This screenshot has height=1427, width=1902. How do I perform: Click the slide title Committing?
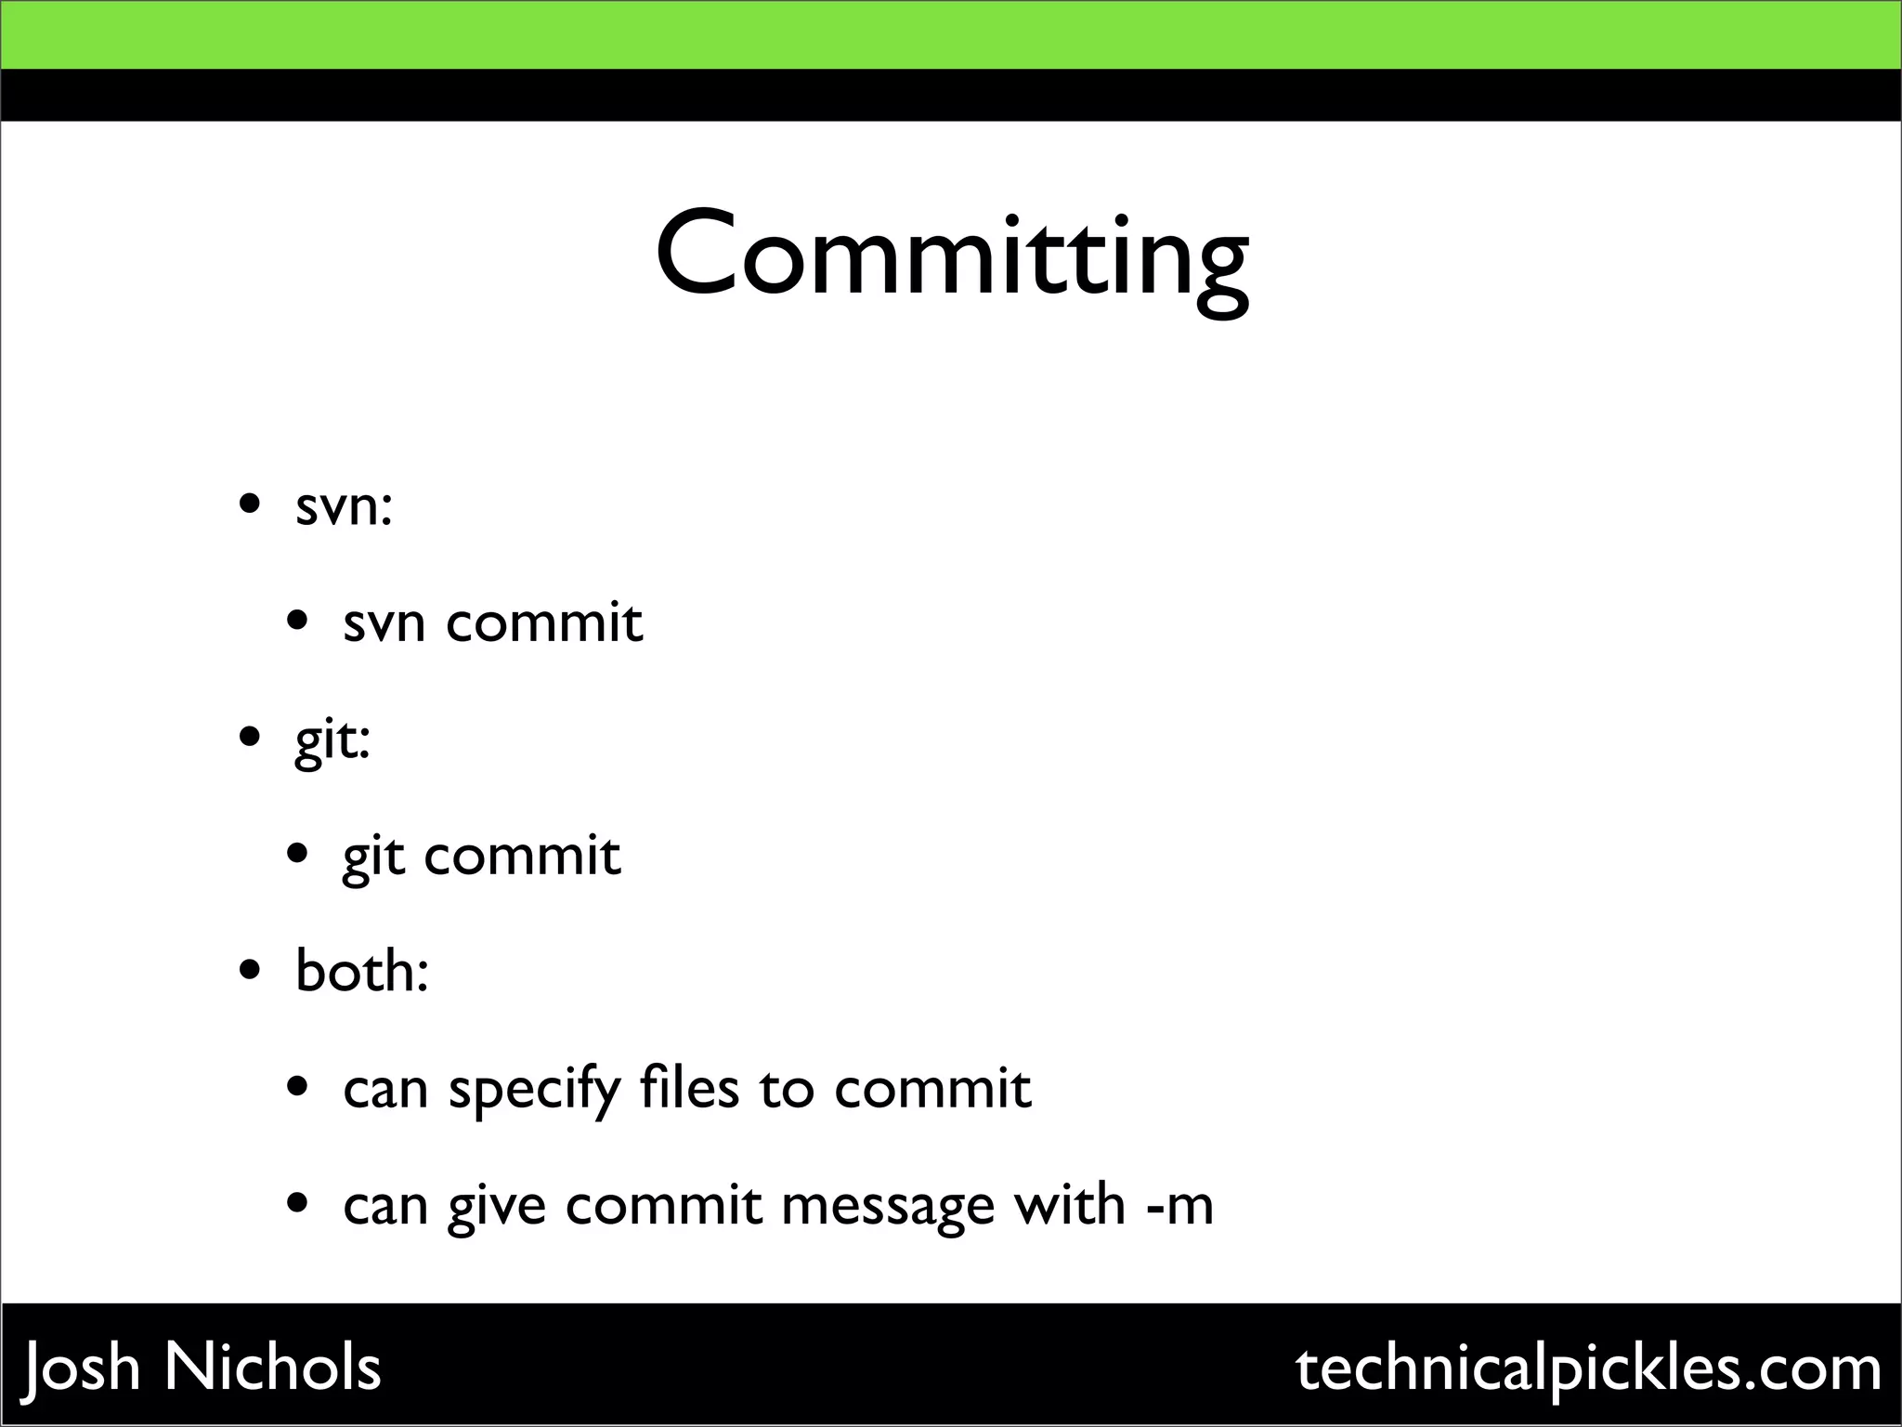point(951,255)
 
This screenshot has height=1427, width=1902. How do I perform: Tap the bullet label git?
point(332,741)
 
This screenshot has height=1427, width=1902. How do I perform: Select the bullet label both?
point(361,972)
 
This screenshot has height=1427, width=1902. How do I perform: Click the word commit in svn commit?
point(544,622)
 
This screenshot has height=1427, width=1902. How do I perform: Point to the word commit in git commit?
point(522,856)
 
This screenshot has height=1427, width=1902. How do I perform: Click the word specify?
point(534,1090)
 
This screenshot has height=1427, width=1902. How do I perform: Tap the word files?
point(689,1088)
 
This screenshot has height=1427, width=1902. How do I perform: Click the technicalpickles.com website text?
point(1588,1368)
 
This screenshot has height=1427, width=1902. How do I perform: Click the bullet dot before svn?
point(249,506)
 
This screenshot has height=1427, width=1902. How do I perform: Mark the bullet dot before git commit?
point(297,855)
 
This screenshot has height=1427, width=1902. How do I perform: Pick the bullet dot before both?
point(249,972)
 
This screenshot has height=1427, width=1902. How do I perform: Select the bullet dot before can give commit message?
point(297,1205)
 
